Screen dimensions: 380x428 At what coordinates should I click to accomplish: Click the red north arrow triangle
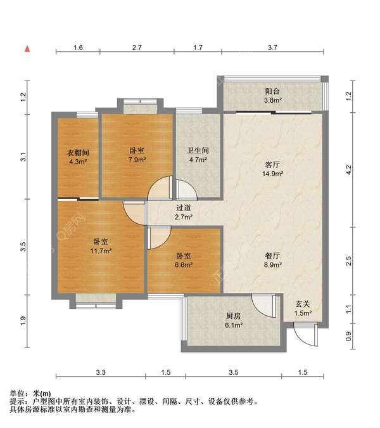[x=27, y=49]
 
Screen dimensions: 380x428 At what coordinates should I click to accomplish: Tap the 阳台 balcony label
[x=272, y=91]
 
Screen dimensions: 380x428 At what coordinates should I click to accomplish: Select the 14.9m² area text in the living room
[x=272, y=174]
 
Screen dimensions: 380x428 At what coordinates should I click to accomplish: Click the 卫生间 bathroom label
[x=198, y=150]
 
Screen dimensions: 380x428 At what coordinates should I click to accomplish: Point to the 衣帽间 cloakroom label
[x=78, y=153]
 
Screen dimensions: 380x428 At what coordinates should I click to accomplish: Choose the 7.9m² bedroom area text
[x=137, y=160]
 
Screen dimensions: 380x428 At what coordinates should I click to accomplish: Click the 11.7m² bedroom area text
[x=101, y=251]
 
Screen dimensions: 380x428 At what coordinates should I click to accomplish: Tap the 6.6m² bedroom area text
[x=184, y=265]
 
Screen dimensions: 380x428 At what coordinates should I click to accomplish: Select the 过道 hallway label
[x=183, y=208]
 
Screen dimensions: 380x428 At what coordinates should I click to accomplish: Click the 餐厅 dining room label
[x=272, y=256]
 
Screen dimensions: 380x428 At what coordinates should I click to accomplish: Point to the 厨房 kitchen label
[x=234, y=316]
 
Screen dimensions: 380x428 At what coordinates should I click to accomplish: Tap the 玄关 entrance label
[x=303, y=304]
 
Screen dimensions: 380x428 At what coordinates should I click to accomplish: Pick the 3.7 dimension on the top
[x=272, y=48]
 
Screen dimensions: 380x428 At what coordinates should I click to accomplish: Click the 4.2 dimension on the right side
[x=348, y=170]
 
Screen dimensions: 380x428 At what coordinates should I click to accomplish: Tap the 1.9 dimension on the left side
[x=23, y=321]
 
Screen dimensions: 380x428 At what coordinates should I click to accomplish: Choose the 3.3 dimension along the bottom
[x=101, y=372]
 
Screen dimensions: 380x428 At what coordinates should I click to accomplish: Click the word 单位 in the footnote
[x=17, y=393]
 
